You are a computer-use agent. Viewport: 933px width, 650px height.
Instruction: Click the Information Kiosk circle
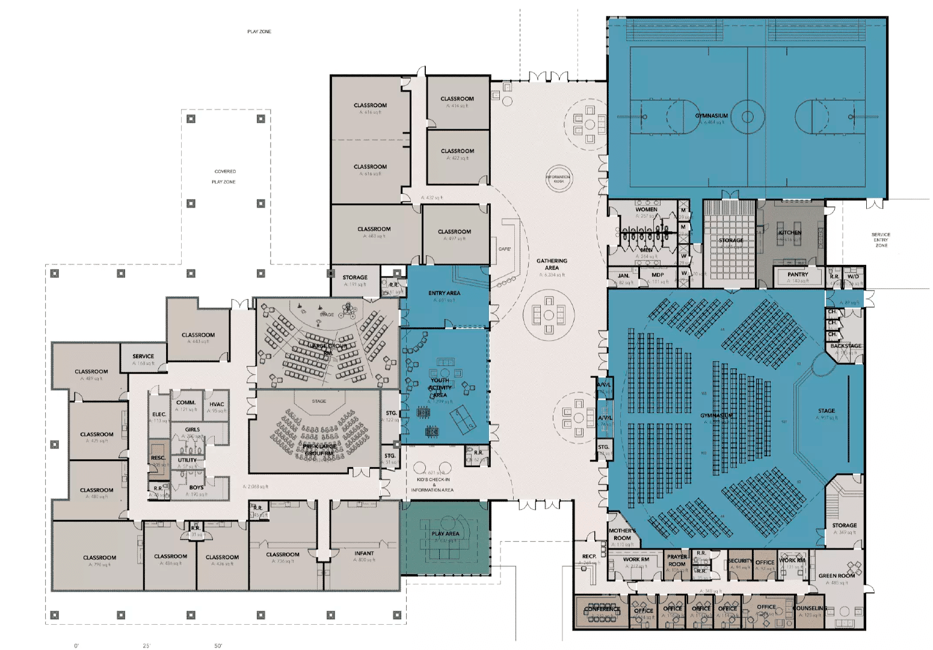pos(559,178)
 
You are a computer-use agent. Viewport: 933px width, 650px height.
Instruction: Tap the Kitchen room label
pos(790,232)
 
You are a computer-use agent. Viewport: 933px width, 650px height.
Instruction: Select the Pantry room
pos(798,277)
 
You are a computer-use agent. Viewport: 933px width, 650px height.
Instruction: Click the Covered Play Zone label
pos(224,176)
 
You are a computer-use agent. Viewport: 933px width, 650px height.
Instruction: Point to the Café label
pos(505,249)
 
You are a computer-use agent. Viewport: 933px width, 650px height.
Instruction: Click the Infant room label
pos(364,553)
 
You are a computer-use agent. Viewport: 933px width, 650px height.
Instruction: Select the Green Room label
pos(836,576)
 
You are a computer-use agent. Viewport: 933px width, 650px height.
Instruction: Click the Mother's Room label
pos(622,534)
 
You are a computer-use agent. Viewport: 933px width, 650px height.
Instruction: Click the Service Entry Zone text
pos(881,240)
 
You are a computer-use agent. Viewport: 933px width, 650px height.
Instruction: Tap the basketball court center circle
pos(748,116)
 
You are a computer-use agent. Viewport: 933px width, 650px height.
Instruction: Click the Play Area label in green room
pos(445,534)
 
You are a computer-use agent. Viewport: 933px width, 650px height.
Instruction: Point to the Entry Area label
pos(444,293)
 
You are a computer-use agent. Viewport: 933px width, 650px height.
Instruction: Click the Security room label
pos(740,561)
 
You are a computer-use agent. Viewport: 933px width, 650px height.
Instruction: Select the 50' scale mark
pos(218,646)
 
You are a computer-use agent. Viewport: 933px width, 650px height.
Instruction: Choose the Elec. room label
pos(159,415)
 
